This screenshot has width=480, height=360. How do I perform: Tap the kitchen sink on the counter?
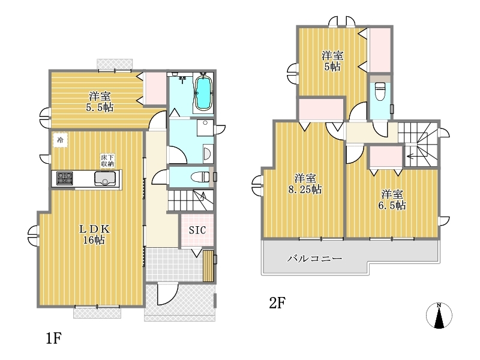click(105, 178)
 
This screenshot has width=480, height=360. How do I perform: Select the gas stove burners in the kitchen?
click(65, 178)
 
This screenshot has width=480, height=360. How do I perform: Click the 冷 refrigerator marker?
click(61, 140)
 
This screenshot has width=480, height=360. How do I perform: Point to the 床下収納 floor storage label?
click(107, 161)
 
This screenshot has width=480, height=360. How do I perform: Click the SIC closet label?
click(197, 230)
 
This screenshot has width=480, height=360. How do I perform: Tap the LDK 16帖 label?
click(94, 234)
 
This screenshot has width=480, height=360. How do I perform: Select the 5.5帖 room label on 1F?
click(100, 102)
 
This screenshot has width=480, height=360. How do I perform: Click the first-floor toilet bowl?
click(200, 176)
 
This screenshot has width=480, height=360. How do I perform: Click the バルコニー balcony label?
click(314, 259)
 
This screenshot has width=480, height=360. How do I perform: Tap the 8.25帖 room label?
click(305, 184)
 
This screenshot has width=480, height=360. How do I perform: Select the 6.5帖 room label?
click(392, 200)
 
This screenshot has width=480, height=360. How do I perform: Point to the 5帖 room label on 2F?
click(332, 61)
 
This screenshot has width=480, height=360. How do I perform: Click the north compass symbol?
click(439, 316)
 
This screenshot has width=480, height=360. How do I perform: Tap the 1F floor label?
click(54, 338)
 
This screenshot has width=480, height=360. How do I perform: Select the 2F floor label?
click(277, 303)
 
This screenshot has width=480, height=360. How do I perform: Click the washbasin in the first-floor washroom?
click(206, 154)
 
